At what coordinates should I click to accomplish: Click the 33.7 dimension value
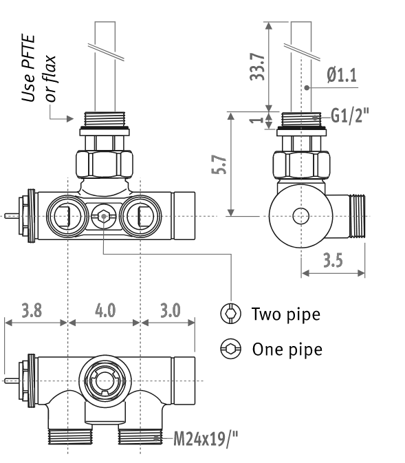(x=257, y=67)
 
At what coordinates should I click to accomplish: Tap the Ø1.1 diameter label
(x=342, y=75)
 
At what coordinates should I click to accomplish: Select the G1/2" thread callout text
(x=350, y=116)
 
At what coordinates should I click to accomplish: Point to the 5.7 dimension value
(x=219, y=164)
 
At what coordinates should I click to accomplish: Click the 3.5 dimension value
(x=333, y=261)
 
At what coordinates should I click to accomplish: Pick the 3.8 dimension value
(x=32, y=311)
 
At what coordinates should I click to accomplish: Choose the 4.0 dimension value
(x=105, y=311)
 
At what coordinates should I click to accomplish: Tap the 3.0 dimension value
(x=171, y=311)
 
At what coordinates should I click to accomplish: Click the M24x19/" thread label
(x=206, y=438)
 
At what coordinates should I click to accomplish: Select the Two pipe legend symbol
(x=231, y=313)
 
